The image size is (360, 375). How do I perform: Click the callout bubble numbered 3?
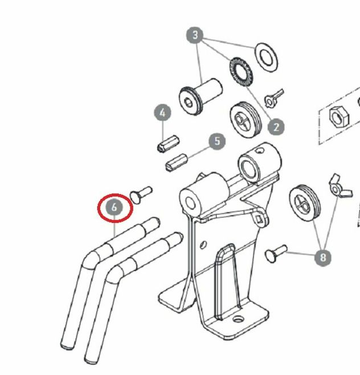click(195, 35)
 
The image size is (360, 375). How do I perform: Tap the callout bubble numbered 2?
click(276, 127)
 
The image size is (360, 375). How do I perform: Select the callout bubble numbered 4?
click(162, 113)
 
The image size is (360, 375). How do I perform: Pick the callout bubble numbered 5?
click(217, 141)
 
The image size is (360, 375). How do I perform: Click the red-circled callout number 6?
click(114, 207)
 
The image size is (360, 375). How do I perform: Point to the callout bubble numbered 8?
click(323, 258)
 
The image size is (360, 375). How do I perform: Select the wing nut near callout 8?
click(339, 186)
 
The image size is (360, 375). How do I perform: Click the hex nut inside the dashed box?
click(339, 117)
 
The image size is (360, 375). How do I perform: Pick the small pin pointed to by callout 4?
click(169, 144)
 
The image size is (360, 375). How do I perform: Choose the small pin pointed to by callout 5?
click(176, 162)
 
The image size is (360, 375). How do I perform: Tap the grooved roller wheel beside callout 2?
click(246, 120)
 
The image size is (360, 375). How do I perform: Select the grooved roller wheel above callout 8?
click(305, 203)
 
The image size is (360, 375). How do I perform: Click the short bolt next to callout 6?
click(141, 195)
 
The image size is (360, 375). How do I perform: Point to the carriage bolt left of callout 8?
click(276, 254)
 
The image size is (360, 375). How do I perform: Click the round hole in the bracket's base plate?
click(238, 319)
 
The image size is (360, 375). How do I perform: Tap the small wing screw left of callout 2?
click(275, 98)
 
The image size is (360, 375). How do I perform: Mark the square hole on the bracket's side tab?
click(260, 219)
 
